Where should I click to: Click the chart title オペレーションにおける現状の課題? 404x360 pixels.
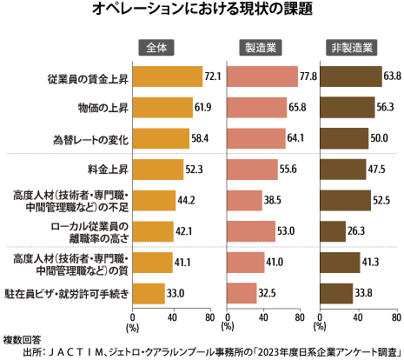coord(202,11)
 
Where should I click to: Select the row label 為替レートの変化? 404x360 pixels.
coord(89,139)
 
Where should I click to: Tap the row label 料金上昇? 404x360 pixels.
coord(106,170)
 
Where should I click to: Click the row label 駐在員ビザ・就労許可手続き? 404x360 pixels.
coord(70,293)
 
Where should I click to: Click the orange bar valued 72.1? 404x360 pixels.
coord(167,77)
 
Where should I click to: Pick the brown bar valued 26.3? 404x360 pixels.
coord(331,231)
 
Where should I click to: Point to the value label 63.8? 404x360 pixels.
coord(394,77)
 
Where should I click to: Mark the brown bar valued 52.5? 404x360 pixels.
coord(345,200)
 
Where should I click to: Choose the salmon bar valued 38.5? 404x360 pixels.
coord(244,200)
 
